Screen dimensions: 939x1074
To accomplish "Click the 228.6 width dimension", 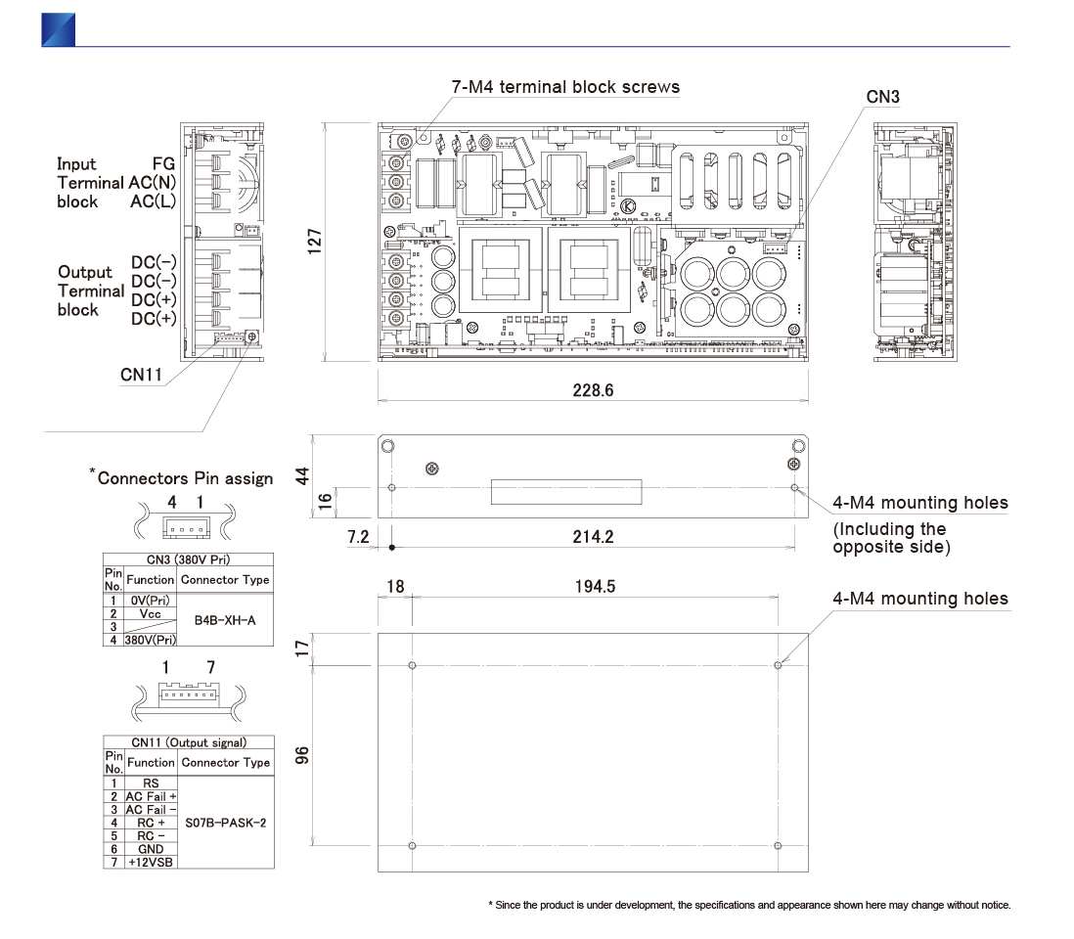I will click(x=594, y=390).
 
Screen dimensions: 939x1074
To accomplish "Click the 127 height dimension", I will click(x=314, y=241).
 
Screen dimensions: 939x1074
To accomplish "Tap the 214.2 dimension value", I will click(x=593, y=535).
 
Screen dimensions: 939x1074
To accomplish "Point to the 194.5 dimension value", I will click(x=595, y=586).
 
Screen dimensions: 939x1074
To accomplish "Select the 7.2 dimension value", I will click(x=357, y=535).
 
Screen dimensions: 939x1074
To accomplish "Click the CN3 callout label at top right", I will click(x=883, y=97).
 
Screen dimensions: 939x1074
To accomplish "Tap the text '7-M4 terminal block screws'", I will click(x=565, y=87).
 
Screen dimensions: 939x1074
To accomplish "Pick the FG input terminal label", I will click(x=163, y=164).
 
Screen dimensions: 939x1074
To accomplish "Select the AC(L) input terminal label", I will click(x=153, y=201).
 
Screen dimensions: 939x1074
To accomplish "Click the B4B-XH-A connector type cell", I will click(x=225, y=619).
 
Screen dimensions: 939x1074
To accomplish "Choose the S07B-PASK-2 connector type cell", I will click(x=225, y=823).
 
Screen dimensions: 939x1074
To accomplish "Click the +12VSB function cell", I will click(x=151, y=863).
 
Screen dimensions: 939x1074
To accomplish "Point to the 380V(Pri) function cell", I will click(x=151, y=640).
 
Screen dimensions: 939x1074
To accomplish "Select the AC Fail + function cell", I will click(x=151, y=797).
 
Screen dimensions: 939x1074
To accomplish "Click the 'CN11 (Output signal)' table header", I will click(x=189, y=743).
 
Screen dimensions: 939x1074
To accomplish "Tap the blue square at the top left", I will click(x=58, y=29).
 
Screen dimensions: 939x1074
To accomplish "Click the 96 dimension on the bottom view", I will click(x=302, y=755).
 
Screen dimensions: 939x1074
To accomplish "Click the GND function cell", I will click(x=151, y=849).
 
